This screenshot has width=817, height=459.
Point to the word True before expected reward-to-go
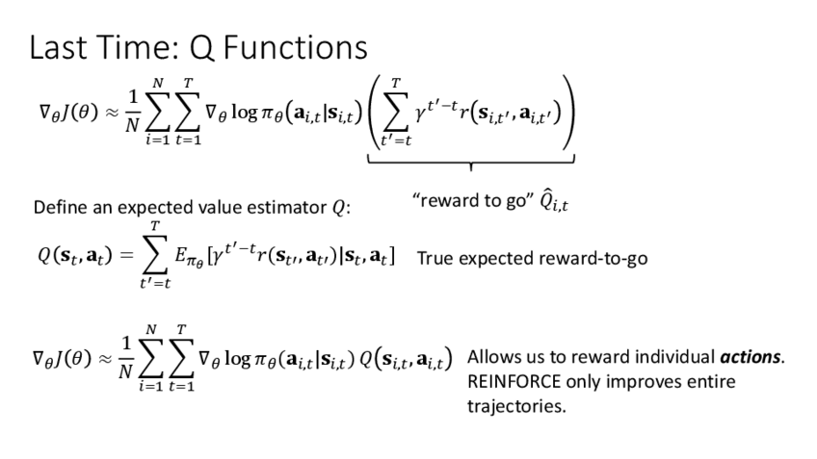(435, 262)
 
